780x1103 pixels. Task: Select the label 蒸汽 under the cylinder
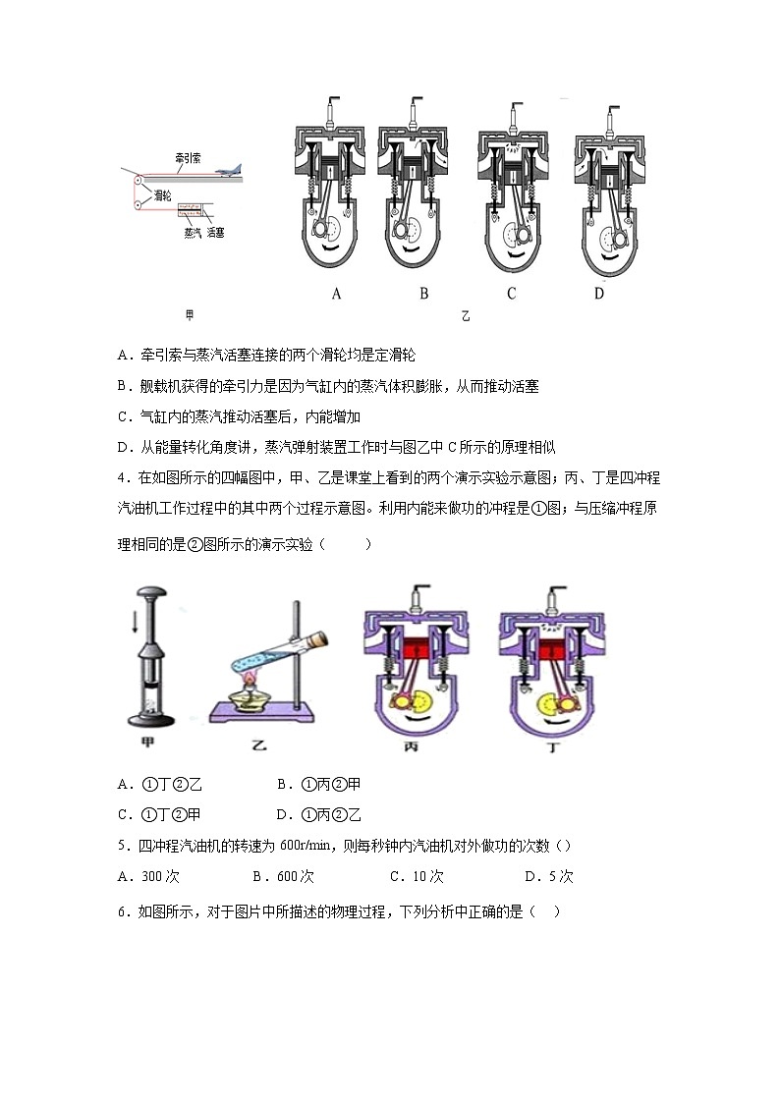(x=192, y=233)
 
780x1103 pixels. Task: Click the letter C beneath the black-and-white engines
(x=512, y=293)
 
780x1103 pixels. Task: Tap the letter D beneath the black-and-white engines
(x=598, y=293)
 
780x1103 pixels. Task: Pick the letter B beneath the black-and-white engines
(x=424, y=293)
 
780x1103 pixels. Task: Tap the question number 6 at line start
(x=122, y=910)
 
